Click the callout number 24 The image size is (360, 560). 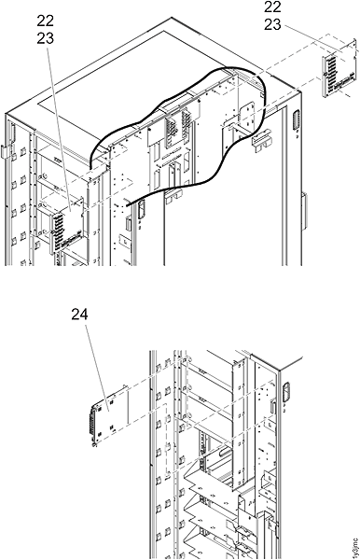79,315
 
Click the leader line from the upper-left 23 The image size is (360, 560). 57,121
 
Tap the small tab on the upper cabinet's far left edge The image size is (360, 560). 5,149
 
